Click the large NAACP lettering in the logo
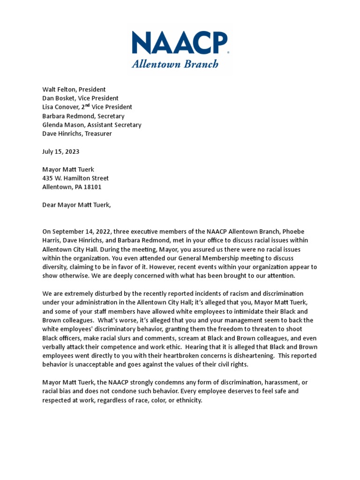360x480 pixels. pyautogui.click(x=180, y=45)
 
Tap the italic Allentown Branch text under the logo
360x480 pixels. pyautogui.click(x=175, y=64)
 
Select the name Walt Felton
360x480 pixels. pyautogui.click(x=60, y=89)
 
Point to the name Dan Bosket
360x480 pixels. pyautogui.click(x=60, y=98)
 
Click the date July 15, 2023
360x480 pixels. pyautogui.click(x=61, y=151)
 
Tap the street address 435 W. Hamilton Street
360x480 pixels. pyautogui.click(x=75, y=178)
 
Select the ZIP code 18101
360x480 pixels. pyautogui.click(x=92, y=187)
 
